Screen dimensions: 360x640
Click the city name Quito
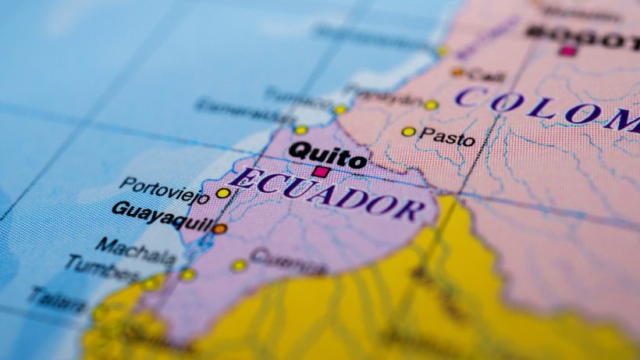[x=327, y=154]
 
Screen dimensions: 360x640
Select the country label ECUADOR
[x=327, y=194]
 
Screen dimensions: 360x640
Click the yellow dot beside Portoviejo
[x=223, y=193]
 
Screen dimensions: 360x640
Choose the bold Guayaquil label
[x=163, y=216]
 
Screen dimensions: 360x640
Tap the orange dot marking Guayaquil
[x=220, y=229]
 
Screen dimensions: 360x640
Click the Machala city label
[x=136, y=250]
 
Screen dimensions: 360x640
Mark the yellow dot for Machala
[x=187, y=274]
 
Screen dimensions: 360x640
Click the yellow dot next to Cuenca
[x=239, y=266]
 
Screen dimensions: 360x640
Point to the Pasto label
[x=446, y=137]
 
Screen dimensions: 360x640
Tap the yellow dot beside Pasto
[x=408, y=131]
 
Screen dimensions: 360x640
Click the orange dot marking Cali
[x=458, y=72]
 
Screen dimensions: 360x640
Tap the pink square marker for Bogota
[x=568, y=51]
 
